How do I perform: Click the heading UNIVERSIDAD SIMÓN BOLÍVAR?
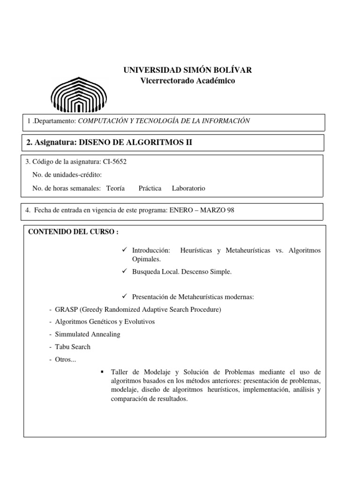[187, 70]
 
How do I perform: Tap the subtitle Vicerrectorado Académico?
[187, 81]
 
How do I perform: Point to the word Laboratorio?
[188, 188]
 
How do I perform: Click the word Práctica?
[150, 188]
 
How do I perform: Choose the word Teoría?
[115, 188]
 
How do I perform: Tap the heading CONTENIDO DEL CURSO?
[73, 232]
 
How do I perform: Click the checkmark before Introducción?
[125, 250]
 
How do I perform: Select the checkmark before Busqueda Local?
[125, 272]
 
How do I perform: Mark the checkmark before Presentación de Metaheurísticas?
[125, 297]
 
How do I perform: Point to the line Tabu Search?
[73, 347]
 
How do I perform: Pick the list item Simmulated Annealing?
[88, 334]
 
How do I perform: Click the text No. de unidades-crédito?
[67, 175]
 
